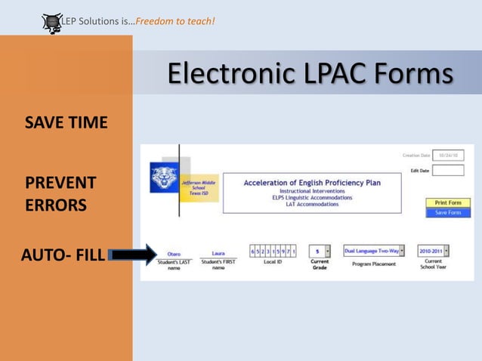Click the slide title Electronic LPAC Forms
pyautogui.click(x=310, y=74)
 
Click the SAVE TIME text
pyautogui.click(x=66, y=122)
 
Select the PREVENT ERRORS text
pyautogui.click(x=60, y=194)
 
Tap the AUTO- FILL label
pyautogui.click(x=62, y=255)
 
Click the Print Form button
pyautogui.click(x=448, y=202)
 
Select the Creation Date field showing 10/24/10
pyautogui.click(x=448, y=156)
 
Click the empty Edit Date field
pyautogui.click(x=448, y=171)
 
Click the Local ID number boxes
pyautogui.click(x=273, y=251)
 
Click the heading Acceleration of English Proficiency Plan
pyautogui.click(x=312, y=183)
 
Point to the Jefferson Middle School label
pyautogui.click(x=198, y=186)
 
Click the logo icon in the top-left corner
pyautogui.click(x=52, y=23)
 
